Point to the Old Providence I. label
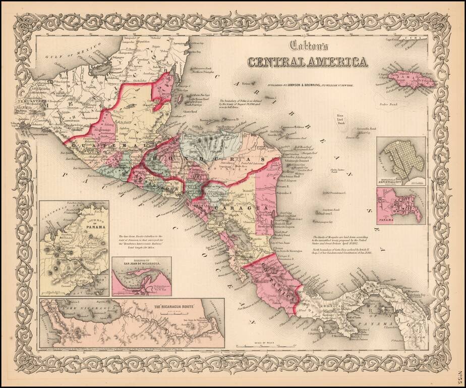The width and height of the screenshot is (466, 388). coord(338,192)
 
